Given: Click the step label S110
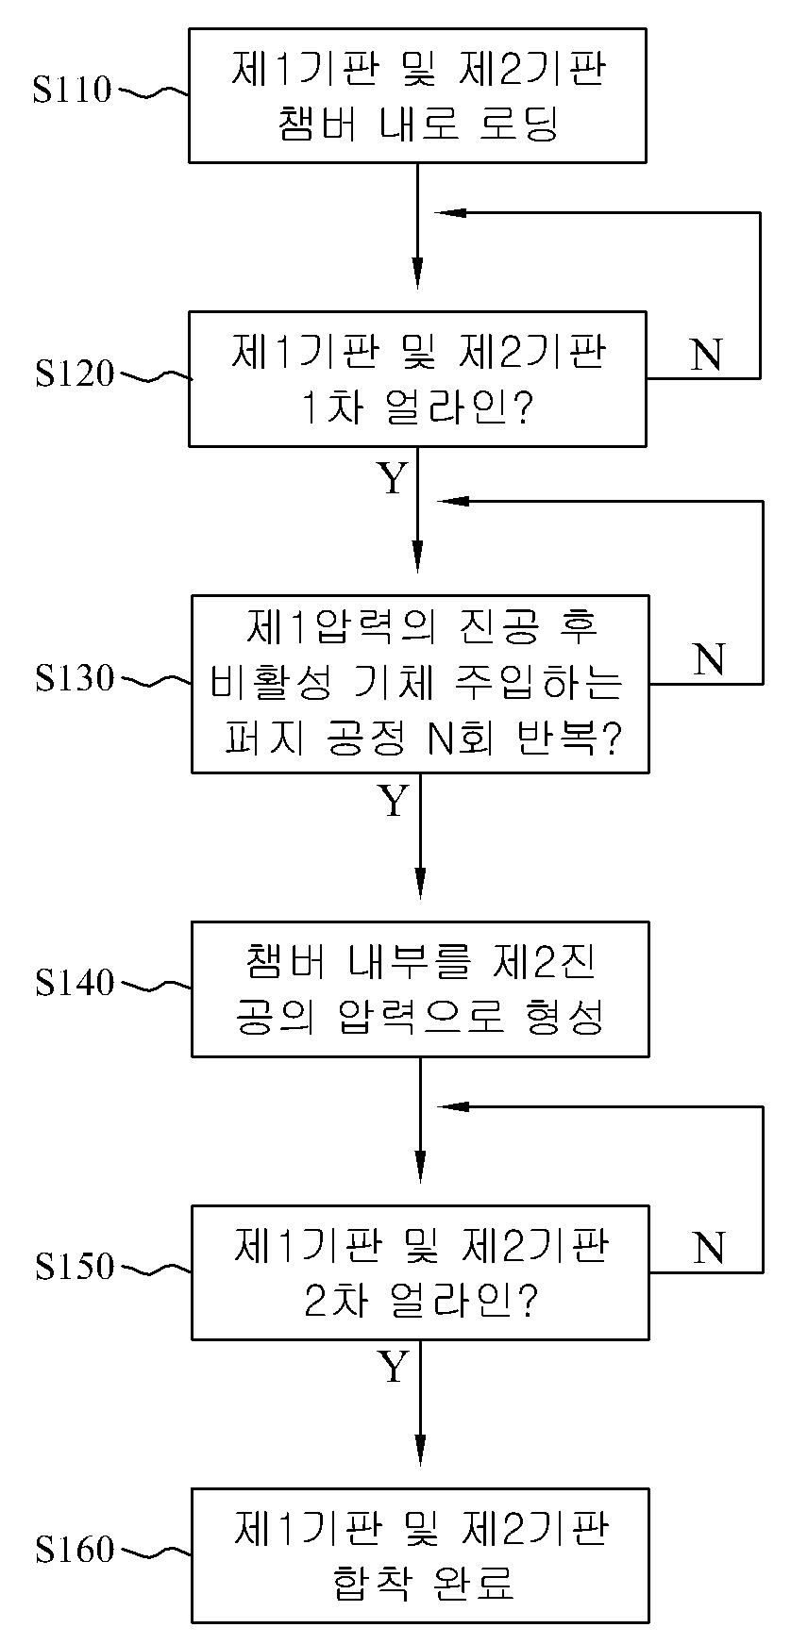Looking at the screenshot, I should click(72, 91).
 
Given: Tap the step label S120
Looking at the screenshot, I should click(74, 374).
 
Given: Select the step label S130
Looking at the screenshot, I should click(74, 678).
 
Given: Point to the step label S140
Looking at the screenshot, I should click(74, 984).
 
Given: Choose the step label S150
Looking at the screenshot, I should click(74, 1267).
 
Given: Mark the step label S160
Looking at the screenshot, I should click(74, 1550).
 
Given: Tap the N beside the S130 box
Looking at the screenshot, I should click(708, 659).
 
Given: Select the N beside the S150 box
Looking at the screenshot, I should click(708, 1248).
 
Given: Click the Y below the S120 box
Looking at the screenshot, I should click(393, 479).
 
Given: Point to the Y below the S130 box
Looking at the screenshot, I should click(394, 802).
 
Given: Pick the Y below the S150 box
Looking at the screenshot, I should click(394, 1367).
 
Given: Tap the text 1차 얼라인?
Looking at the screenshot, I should click(418, 409).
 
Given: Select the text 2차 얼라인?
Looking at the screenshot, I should click(420, 1303).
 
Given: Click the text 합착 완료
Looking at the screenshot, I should click(421, 1584).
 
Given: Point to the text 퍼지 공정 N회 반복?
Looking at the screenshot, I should click(422, 739).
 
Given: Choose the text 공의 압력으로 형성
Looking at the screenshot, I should click(421, 1018).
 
